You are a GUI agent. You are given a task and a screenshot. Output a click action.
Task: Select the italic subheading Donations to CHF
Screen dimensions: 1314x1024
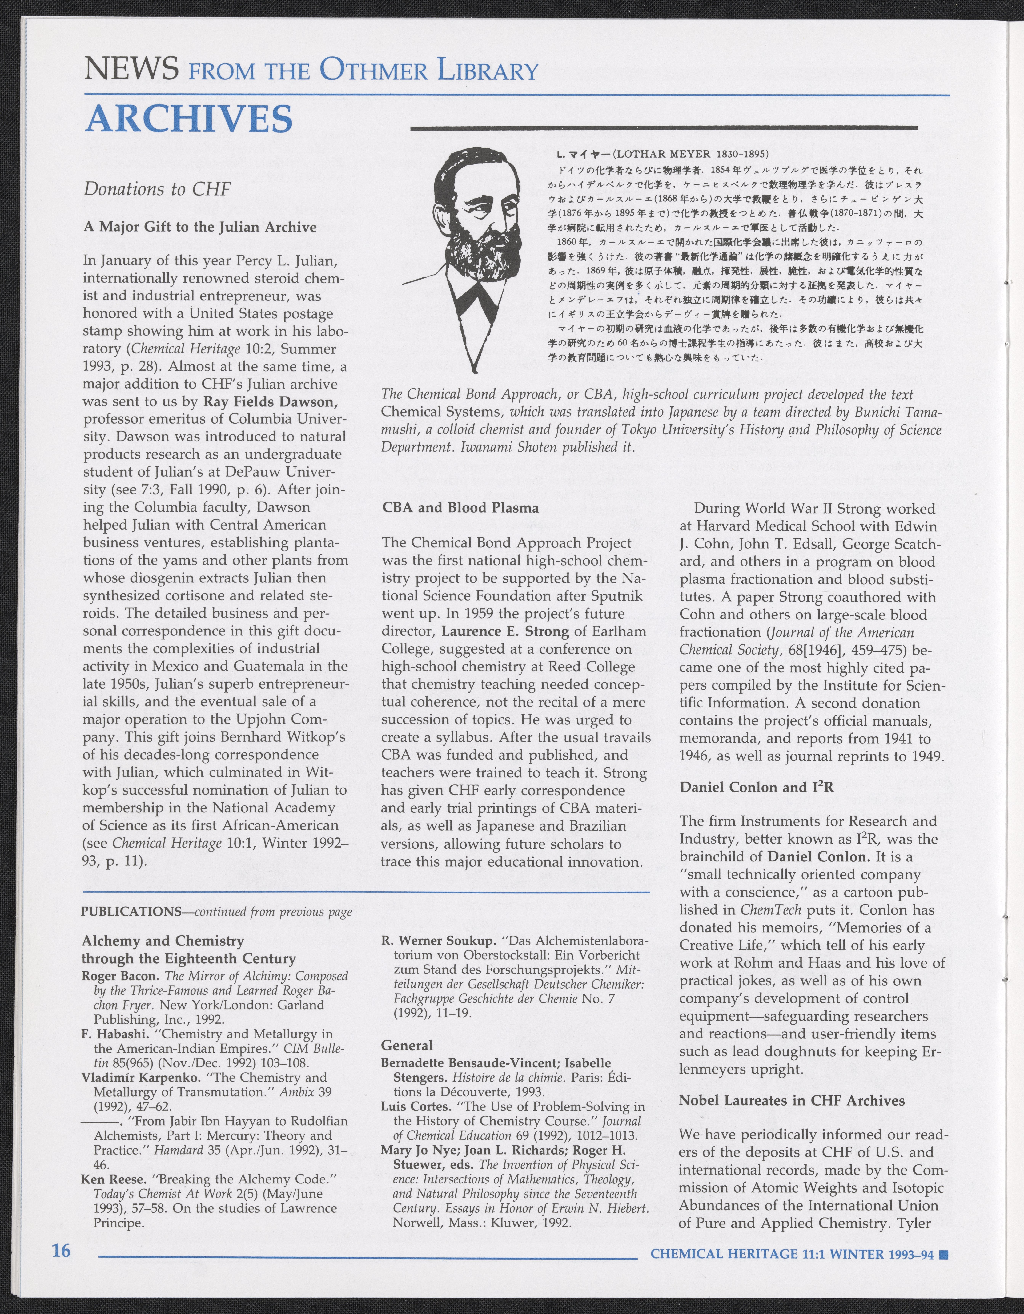(x=157, y=189)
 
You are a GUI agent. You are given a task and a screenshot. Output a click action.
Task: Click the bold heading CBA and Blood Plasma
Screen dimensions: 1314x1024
(x=460, y=507)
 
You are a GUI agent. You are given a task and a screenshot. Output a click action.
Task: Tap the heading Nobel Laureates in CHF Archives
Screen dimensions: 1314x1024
(x=792, y=1100)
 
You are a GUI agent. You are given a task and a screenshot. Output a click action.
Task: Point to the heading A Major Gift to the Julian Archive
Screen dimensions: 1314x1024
(x=200, y=227)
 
